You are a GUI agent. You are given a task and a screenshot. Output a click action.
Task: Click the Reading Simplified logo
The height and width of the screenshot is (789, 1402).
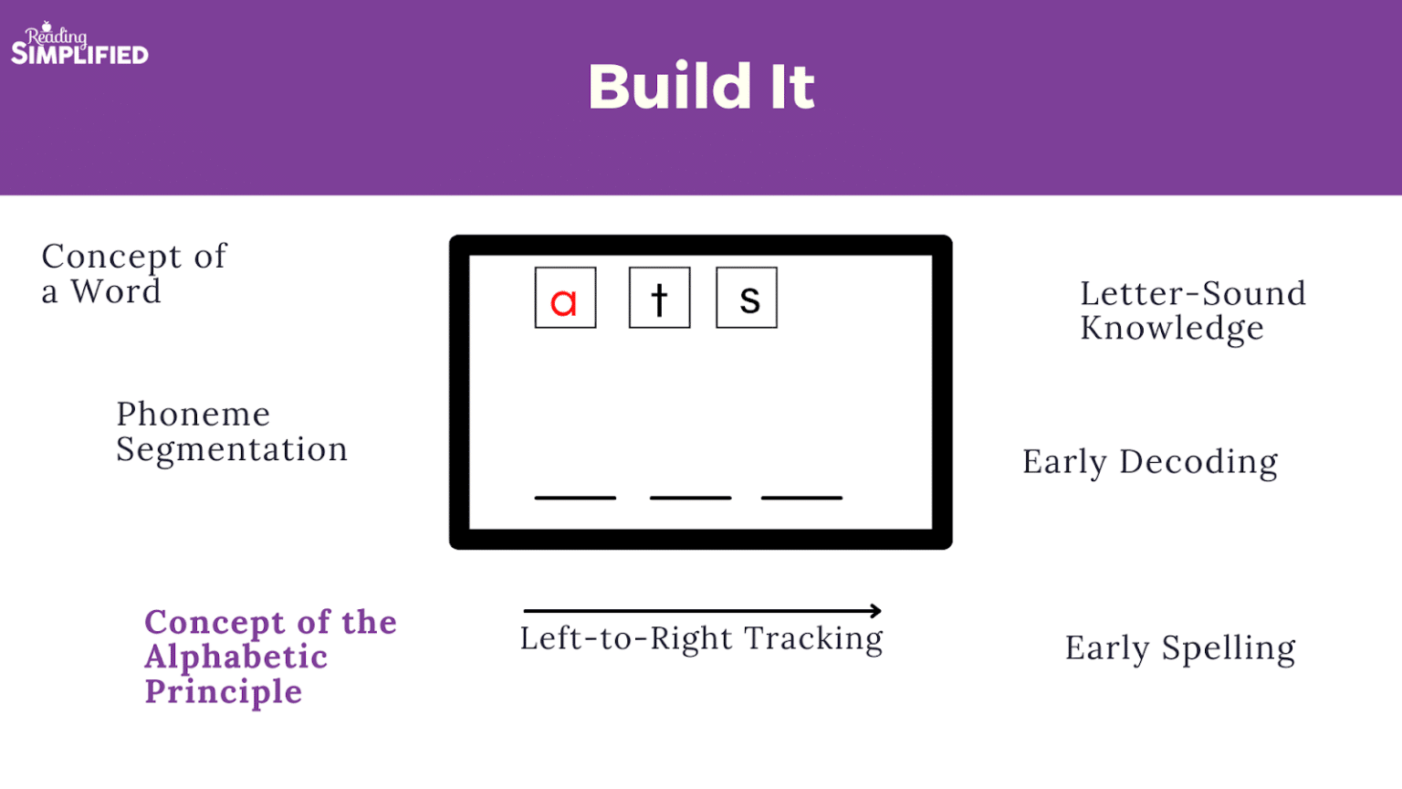pyautogui.click(x=79, y=43)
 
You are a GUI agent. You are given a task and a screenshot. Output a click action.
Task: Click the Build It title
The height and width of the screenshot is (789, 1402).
pyautogui.click(x=702, y=87)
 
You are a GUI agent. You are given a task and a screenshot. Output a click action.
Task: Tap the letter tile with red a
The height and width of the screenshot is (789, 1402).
pyautogui.click(x=565, y=298)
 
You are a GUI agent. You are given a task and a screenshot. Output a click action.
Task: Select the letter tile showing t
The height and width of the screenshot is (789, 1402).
pyautogui.click(x=660, y=298)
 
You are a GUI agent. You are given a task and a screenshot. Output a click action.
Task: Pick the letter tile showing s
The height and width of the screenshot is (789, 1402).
pyautogui.click(x=747, y=298)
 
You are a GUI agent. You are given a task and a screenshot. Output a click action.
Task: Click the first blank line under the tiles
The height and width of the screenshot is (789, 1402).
pyautogui.click(x=575, y=498)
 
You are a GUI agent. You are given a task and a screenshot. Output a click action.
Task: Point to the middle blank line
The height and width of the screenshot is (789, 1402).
pyautogui.click(x=690, y=498)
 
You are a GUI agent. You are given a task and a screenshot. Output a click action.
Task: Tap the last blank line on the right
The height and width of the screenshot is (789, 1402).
pyautogui.click(x=801, y=498)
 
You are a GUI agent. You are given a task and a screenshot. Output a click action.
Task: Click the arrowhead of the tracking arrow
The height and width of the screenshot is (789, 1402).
pyautogui.click(x=877, y=611)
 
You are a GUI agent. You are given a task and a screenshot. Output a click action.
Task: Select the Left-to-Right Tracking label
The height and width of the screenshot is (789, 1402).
pyautogui.click(x=702, y=638)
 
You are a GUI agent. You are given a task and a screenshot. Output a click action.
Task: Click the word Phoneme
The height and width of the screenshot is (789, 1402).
pyautogui.click(x=194, y=414)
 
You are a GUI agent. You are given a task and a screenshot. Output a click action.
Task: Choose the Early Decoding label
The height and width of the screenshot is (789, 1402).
pyautogui.click(x=1150, y=462)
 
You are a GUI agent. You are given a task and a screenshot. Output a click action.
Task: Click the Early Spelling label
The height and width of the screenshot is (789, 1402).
pyautogui.click(x=1180, y=648)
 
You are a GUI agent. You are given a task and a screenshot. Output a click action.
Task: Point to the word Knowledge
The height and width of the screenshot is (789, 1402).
pyautogui.click(x=1172, y=328)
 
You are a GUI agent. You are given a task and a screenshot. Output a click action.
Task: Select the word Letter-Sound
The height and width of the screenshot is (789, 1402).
pyautogui.click(x=1194, y=293)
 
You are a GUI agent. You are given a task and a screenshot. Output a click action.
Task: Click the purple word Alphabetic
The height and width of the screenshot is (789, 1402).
pyautogui.click(x=236, y=657)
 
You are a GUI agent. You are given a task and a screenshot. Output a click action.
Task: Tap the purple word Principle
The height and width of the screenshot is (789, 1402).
pyautogui.click(x=224, y=693)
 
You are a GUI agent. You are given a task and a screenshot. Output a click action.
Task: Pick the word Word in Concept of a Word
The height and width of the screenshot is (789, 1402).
pyautogui.click(x=116, y=291)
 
